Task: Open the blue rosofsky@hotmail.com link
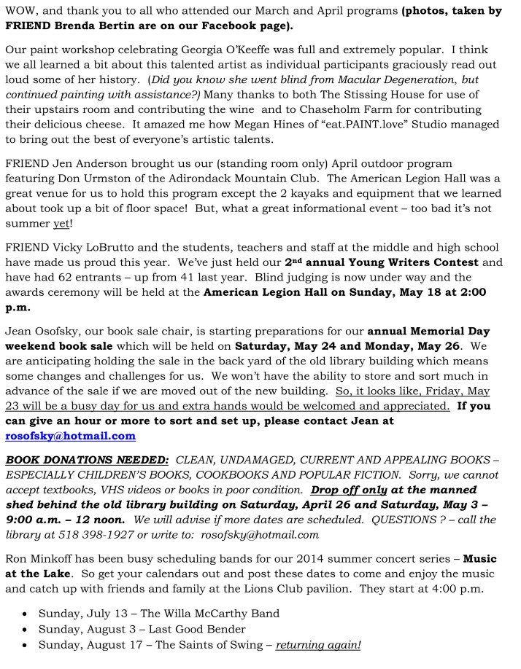coord(70,436)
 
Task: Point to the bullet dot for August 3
coord(24,629)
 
